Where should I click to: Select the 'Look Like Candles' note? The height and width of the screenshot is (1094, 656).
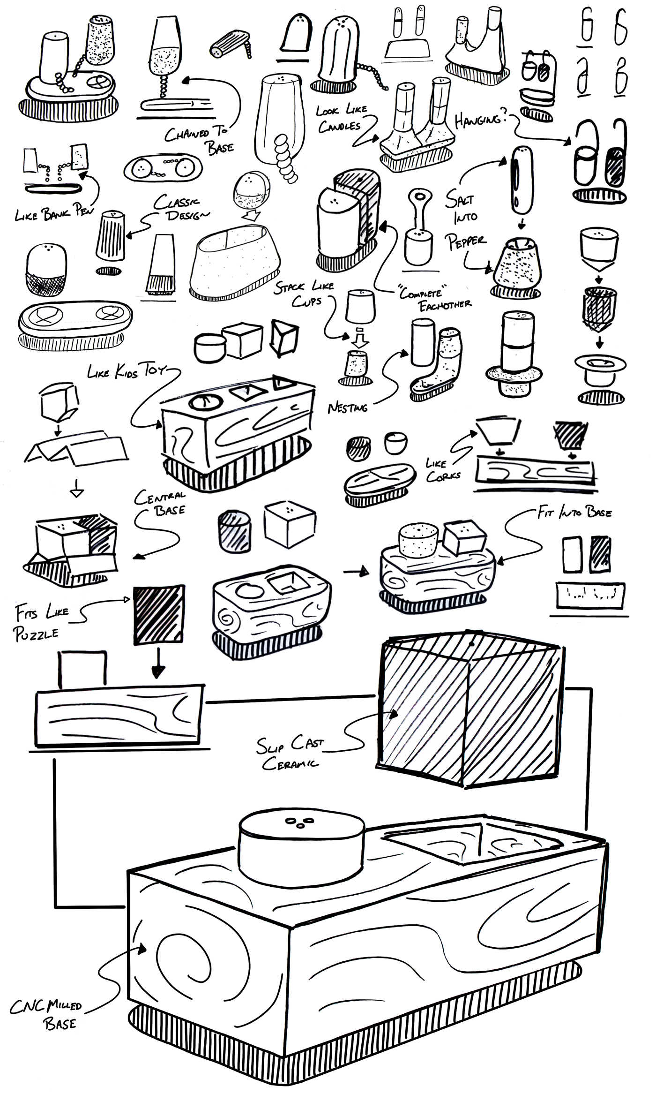pos(340,118)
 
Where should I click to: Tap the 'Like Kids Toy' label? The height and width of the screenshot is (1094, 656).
pos(127,372)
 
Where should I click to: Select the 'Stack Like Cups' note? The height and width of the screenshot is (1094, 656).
pos(305,293)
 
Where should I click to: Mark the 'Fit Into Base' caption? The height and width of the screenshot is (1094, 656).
pos(574,512)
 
